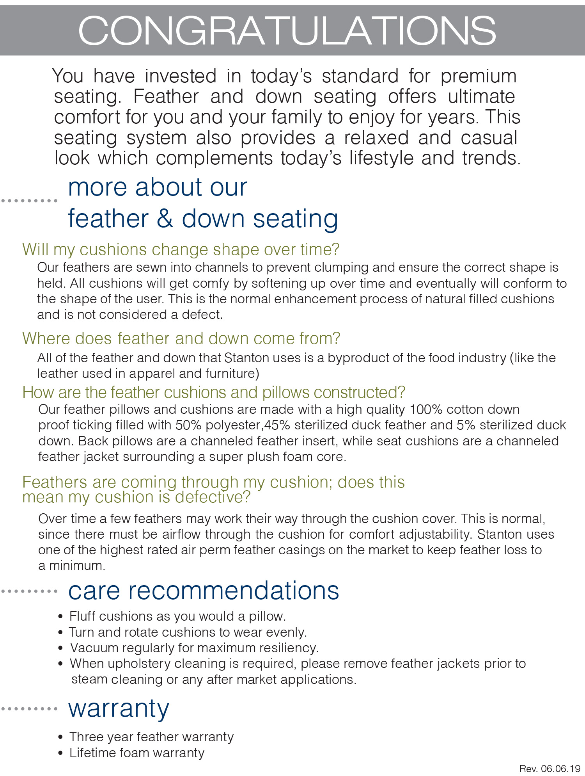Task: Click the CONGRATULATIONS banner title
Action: coord(287,30)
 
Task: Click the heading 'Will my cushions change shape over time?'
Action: coord(181,249)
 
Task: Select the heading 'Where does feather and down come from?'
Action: coord(181,338)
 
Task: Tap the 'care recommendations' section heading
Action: coord(204,590)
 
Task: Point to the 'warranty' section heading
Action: coord(119,708)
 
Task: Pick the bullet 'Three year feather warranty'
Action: coord(151,737)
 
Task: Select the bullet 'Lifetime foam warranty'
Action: coord(137,753)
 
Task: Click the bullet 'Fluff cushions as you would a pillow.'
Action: coord(177,616)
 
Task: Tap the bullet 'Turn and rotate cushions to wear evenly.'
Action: coord(188,632)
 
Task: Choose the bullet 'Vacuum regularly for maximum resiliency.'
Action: coord(194,648)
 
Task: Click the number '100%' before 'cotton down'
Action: coord(426,409)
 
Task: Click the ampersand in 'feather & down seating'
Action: coord(165,219)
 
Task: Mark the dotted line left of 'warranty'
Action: coord(29,709)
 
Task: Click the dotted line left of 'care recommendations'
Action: coord(29,591)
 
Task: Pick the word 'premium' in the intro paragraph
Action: coord(479,76)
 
